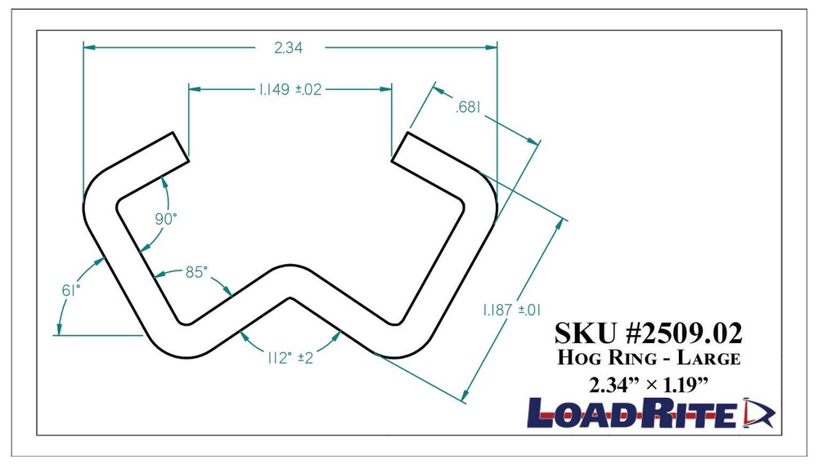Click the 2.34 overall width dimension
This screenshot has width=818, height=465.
289,48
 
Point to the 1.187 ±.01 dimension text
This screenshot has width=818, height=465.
510,311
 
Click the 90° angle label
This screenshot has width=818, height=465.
166,218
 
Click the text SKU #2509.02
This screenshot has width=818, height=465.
649,334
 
